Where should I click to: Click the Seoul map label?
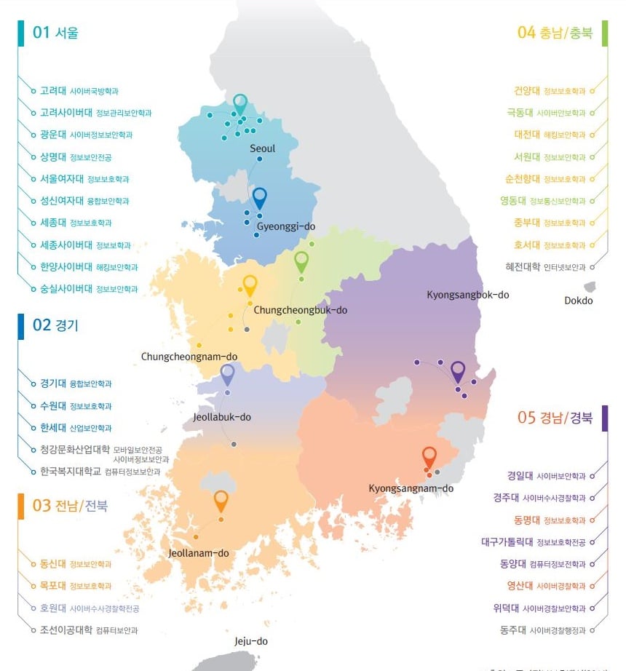click(x=263, y=148)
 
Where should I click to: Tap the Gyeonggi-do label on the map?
click(x=285, y=226)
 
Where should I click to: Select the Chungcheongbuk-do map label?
click(x=301, y=310)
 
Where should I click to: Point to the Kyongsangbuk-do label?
click(x=468, y=295)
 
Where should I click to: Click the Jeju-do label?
click(x=251, y=641)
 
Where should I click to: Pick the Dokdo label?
click(x=579, y=301)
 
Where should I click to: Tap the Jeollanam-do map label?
click(x=199, y=553)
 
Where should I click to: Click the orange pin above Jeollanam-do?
click(x=221, y=500)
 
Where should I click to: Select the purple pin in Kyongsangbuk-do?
click(x=458, y=370)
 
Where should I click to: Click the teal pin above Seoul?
click(x=240, y=103)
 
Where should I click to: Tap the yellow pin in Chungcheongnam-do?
click(x=250, y=285)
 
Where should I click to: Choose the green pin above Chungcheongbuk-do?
click(x=301, y=261)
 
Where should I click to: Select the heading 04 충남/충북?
click(x=555, y=32)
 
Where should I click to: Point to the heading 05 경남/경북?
click(x=555, y=418)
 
